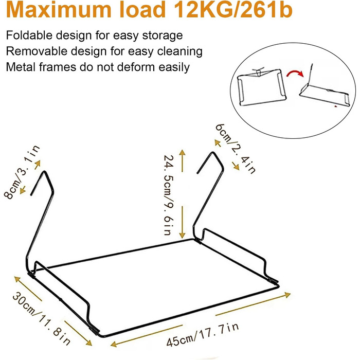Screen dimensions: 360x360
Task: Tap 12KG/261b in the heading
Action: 233,10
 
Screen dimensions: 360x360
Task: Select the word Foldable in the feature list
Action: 29,35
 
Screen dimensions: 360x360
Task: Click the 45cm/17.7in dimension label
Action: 203,334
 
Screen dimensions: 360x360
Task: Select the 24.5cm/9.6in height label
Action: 169,195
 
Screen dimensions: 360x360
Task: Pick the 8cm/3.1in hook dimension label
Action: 22,172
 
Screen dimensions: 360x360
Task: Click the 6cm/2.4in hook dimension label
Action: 236,149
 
